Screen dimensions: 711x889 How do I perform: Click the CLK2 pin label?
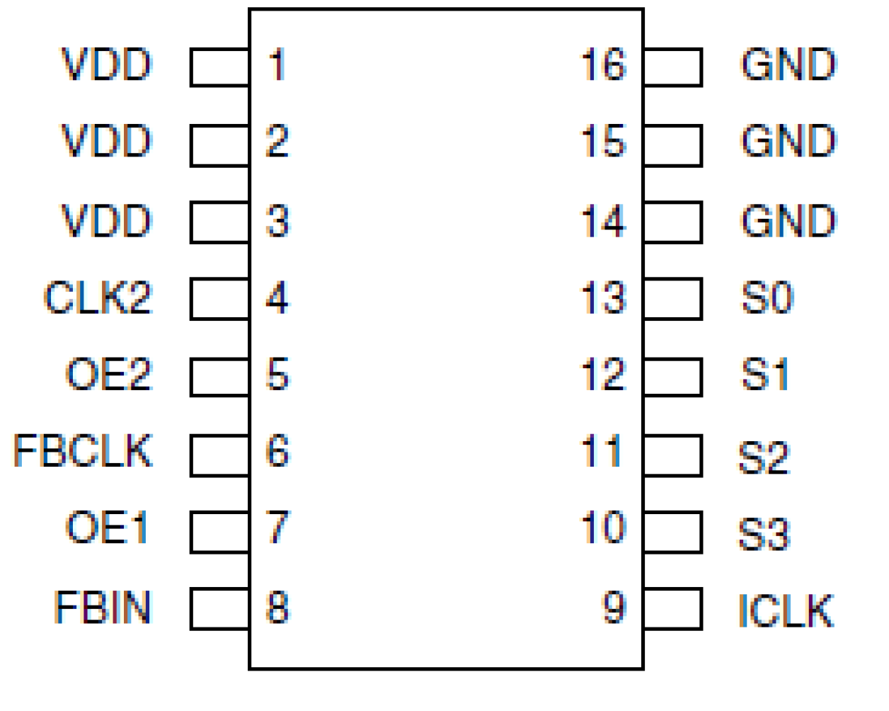coord(98,297)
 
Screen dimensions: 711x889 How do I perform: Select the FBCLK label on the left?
coord(83,450)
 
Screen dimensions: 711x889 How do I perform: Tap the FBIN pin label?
coord(103,608)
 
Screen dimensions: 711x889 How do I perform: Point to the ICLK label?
coord(786,610)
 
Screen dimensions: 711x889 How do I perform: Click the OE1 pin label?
coord(108,528)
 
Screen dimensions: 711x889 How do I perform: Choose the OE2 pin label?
coord(108,374)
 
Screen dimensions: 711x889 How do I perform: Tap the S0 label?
coord(767,297)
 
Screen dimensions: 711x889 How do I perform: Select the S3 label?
coord(763,534)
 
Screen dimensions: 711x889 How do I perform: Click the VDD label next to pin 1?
coord(106,65)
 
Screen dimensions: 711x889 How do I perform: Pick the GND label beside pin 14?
coord(788,221)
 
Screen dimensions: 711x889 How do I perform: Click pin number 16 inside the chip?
coord(603,65)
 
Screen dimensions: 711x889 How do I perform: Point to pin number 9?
coord(614,608)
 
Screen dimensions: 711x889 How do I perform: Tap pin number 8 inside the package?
coord(277,608)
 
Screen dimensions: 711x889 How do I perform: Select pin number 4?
coord(277,297)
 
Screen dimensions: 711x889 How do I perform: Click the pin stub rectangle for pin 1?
coord(219,67)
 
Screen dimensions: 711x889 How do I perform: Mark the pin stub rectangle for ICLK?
coord(672,609)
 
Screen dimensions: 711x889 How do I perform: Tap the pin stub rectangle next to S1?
coord(672,377)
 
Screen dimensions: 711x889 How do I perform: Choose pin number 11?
coord(602,451)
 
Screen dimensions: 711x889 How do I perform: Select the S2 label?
coord(763,457)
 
